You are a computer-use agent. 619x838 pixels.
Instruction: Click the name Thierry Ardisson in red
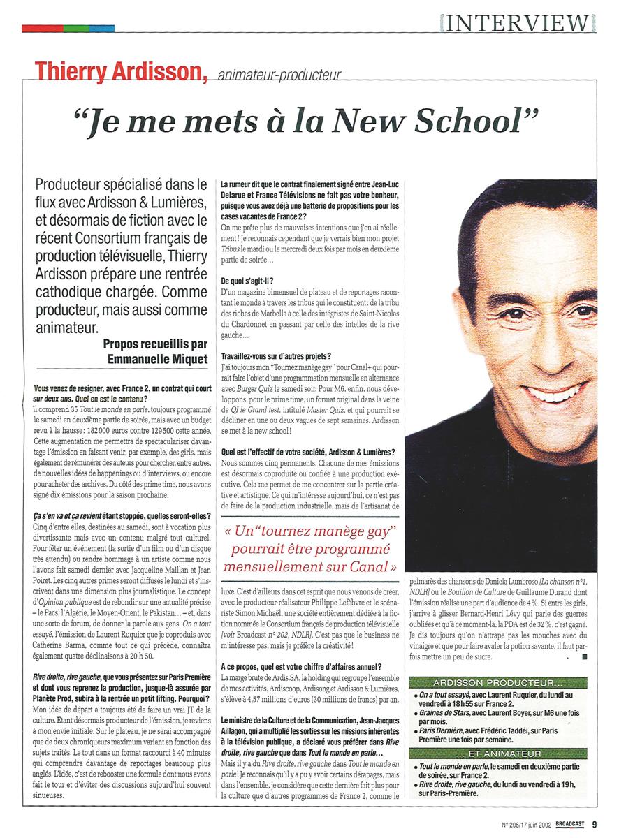(120, 71)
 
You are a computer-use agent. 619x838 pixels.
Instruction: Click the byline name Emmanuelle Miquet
(158, 359)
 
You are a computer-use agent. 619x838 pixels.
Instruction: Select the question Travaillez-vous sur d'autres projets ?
(275, 356)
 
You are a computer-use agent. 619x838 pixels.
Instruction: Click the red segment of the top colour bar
(42, 29)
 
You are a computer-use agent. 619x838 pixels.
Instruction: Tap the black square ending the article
(585, 657)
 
